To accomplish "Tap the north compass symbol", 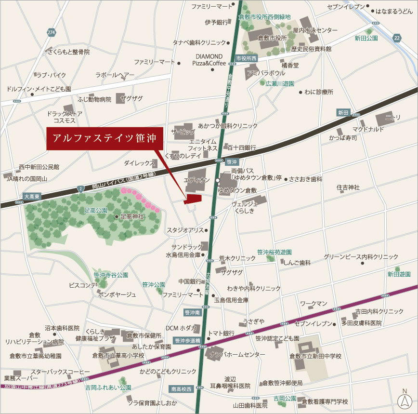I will point(404,400).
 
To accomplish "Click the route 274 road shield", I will point(52,32).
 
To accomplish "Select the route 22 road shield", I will point(396,38).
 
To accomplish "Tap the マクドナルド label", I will point(368,129).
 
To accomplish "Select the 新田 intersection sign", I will point(343,112).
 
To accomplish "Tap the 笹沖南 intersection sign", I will point(192,312).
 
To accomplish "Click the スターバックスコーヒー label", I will point(61,372).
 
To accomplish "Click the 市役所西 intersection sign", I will point(247,58).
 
